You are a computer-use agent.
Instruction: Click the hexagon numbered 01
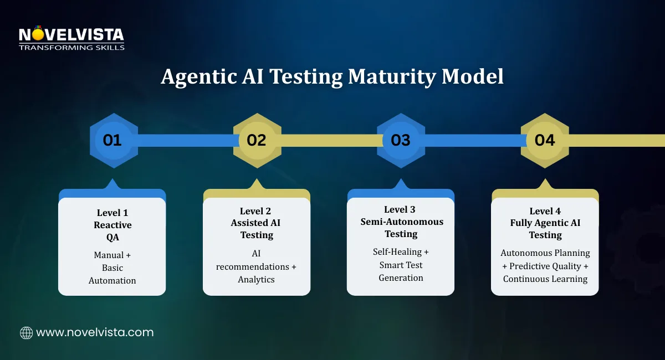click(x=112, y=140)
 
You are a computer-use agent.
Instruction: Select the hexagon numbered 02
click(x=257, y=140)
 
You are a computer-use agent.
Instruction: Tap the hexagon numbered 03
click(x=401, y=140)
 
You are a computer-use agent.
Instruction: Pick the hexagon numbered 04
click(x=545, y=140)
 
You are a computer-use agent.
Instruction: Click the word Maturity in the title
click(x=391, y=77)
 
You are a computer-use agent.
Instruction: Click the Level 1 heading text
click(x=112, y=213)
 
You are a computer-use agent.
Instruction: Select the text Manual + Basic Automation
click(x=112, y=268)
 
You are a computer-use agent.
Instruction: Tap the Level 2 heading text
click(x=257, y=211)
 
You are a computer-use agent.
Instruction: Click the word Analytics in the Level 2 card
click(x=257, y=280)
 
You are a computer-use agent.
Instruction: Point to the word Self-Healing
click(x=397, y=252)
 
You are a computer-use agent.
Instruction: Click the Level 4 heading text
click(x=545, y=211)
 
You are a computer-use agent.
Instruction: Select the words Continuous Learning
click(x=545, y=279)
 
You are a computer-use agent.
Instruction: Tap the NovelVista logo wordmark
click(x=71, y=35)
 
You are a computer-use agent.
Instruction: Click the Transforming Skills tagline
click(x=71, y=48)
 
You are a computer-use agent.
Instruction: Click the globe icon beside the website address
click(x=26, y=333)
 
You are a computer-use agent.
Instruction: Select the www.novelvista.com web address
click(x=95, y=333)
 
